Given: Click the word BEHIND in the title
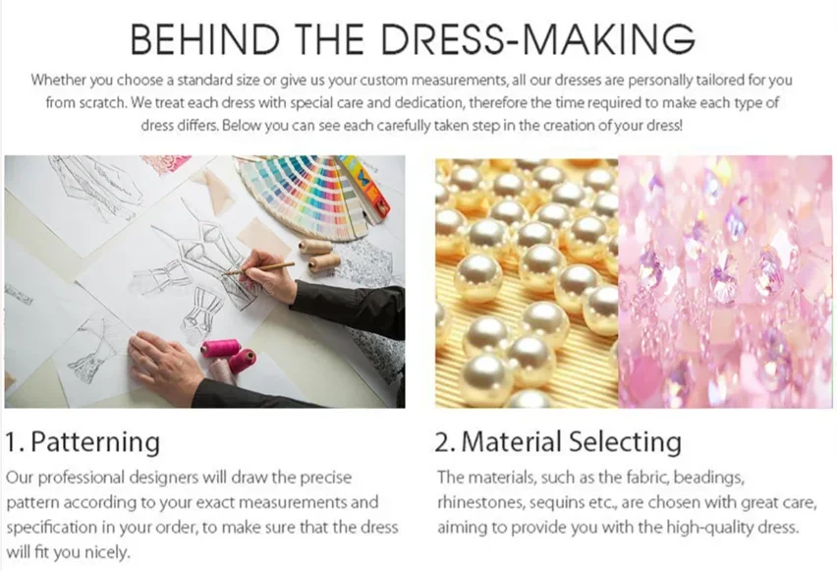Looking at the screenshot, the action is [x=205, y=38].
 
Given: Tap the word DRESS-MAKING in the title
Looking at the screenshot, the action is [x=538, y=38].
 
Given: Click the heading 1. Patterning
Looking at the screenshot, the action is [x=83, y=442].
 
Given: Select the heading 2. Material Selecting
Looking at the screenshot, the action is [x=558, y=441].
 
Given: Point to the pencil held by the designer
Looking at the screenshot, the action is [x=259, y=268].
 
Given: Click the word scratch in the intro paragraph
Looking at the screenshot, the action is [x=102, y=102].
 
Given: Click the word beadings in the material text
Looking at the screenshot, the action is [x=709, y=478].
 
